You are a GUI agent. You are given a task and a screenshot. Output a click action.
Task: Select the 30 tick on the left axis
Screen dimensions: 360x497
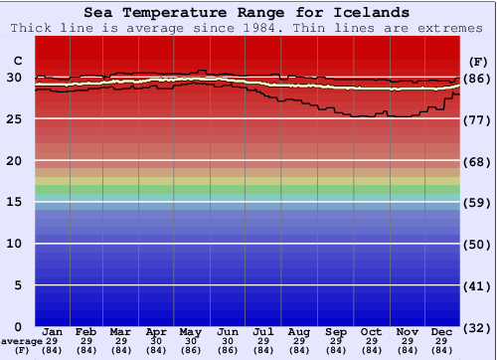tap(15, 78)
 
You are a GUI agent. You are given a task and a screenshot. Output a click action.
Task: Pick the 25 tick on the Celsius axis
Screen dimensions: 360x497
tap(15, 119)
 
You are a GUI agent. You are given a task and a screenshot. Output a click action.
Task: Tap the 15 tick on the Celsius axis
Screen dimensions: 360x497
tap(15, 202)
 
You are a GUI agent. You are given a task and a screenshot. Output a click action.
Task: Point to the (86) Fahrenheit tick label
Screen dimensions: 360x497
tap(477, 79)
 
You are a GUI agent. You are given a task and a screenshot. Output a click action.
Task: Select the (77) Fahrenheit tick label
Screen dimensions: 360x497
tap(477, 119)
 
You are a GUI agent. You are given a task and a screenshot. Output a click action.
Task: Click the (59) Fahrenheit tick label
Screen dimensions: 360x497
tap(477, 203)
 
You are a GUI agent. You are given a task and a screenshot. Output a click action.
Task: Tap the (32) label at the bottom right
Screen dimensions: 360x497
tap(477, 327)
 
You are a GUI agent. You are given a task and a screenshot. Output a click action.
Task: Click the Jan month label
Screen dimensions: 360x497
tap(53, 331)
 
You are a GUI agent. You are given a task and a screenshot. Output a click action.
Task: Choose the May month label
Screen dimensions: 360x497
tap(191, 331)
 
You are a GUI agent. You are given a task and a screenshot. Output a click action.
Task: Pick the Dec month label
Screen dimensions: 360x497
tap(442, 331)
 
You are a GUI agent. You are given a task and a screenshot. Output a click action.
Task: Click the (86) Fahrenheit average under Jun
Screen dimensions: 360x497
tap(228, 350)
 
